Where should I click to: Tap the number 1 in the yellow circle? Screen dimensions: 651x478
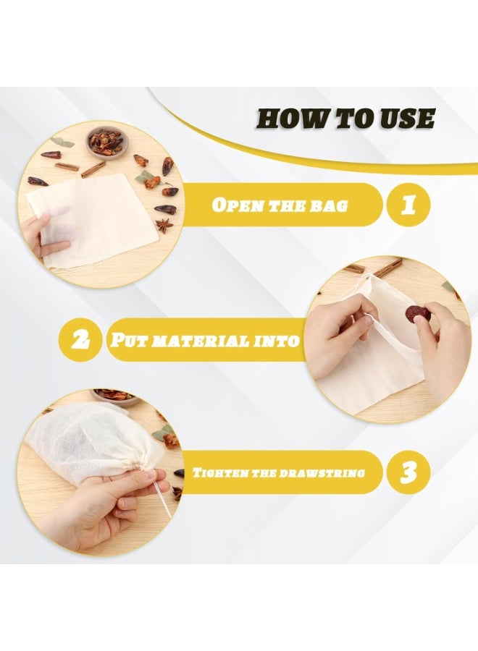coord(408,205)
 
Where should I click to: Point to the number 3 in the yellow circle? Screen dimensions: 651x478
coord(408,472)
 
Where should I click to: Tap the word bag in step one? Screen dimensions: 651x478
coord(330,205)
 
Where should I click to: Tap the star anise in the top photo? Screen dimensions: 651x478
coord(164,226)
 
